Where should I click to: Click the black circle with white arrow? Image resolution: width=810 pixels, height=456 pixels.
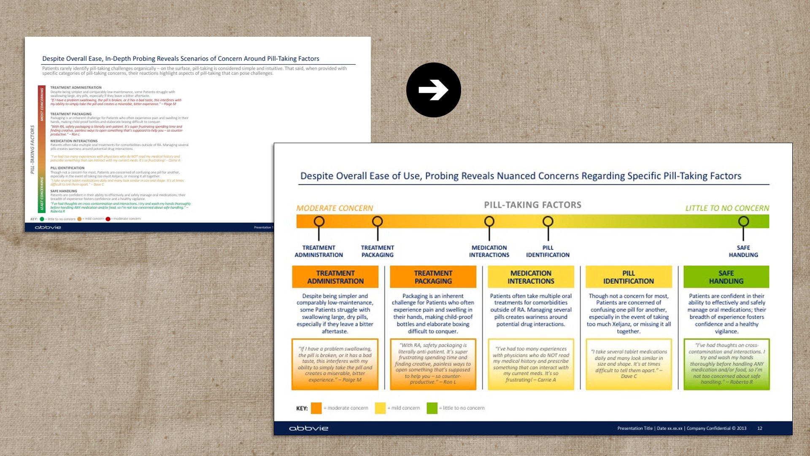tap(433, 90)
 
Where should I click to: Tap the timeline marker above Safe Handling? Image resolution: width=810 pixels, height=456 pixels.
tap(743, 221)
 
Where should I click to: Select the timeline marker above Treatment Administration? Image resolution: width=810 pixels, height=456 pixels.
tap(319, 221)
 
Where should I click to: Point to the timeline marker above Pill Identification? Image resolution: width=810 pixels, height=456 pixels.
tap(548, 221)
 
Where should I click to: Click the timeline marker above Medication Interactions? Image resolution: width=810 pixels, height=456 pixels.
tap(489, 221)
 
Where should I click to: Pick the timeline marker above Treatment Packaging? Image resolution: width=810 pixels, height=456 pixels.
tap(377, 221)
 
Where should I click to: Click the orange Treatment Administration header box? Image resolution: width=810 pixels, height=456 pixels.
tap(335, 277)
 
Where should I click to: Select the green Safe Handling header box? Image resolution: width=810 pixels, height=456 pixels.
tap(726, 277)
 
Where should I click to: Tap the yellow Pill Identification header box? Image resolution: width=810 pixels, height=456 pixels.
tap(629, 277)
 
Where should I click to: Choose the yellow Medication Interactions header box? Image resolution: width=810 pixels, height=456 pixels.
tap(531, 277)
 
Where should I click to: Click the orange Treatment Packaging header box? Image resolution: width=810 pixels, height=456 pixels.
tap(433, 277)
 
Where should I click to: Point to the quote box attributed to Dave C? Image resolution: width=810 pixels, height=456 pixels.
tap(629, 364)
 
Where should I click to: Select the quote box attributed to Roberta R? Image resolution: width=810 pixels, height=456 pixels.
tap(726, 364)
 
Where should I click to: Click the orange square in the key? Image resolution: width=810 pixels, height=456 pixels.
tap(316, 408)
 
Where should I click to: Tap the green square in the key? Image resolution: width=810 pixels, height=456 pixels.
tap(432, 408)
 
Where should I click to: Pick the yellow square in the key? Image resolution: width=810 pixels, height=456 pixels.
tap(380, 408)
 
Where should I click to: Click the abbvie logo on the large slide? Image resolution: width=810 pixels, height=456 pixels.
tap(308, 428)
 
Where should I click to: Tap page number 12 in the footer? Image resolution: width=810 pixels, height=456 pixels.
tap(760, 428)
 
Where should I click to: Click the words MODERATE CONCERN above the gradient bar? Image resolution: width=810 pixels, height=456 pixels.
tap(335, 208)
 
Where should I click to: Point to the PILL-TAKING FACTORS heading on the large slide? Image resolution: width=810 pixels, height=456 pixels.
tap(532, 205)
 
